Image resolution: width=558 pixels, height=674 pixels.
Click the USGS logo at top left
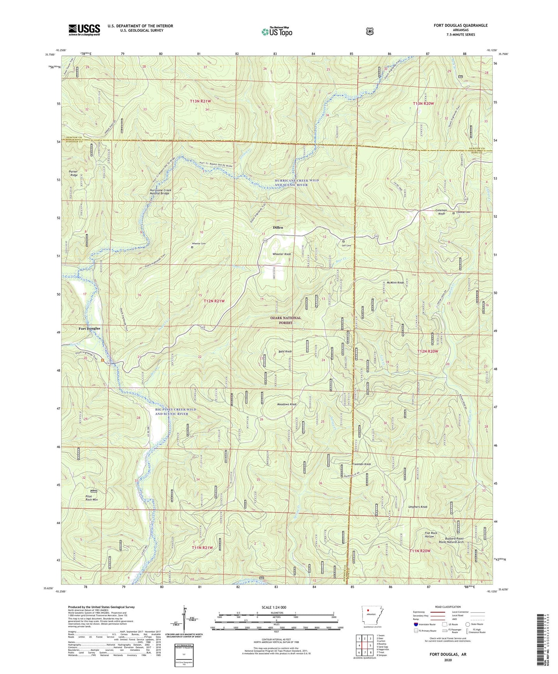point(84,29)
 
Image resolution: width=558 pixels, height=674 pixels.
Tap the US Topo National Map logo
point(276,31)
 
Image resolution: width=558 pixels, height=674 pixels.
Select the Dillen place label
point(278,227)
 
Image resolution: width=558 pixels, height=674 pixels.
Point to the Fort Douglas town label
point(89,329)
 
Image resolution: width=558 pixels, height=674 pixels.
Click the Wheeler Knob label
point(282,254)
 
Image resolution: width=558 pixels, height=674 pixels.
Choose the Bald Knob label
point(285,352)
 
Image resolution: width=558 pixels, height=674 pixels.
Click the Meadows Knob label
point(287,404)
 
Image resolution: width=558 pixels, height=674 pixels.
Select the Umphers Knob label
point(418,507)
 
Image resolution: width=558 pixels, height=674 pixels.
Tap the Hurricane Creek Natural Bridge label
point(160,191)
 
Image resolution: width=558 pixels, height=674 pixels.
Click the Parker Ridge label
point(74,173)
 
